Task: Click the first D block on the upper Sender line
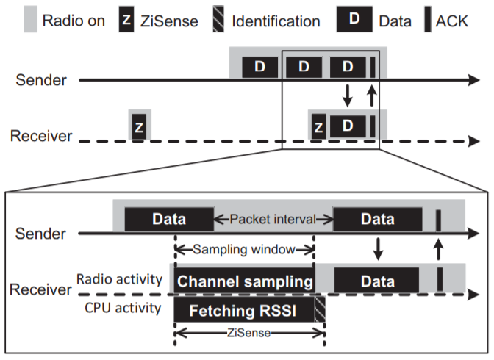[x=259, y=66]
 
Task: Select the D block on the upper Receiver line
[x=348, y=126]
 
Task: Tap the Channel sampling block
[x=244, y=281]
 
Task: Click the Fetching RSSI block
[x=244, y=310]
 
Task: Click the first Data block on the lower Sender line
[x=168, y=219]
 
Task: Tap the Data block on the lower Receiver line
[x=376, y=281]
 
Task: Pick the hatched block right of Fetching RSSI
[x=319, y=310]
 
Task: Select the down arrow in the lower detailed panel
[x=378, y=249]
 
